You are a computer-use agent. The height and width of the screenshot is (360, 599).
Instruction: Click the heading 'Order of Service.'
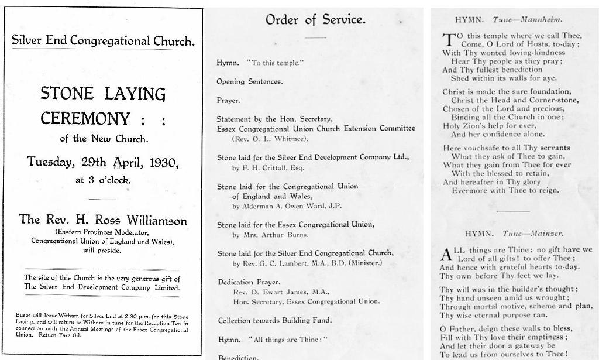pyautogui.click(x=315, y=20)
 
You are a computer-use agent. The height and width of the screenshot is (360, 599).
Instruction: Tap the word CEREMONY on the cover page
pyautogui.click(x=85, y=119)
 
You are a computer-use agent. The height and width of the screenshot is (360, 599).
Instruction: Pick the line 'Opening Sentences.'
pyautogui.click(x=249, y=82)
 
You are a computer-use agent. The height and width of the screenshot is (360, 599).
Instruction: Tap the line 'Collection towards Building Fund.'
pyautogui.click(x=274, y=320)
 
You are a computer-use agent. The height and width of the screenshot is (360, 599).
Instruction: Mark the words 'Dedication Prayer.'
pyautogui.click(x=244, y=282)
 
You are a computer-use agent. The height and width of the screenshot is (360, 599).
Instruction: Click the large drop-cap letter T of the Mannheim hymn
pyautogui.click(x=448, y=40)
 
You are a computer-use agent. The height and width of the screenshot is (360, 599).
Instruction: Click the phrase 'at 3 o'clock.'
pyautogui.click(x=103, y=180)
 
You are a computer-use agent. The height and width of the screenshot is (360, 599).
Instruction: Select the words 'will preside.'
pyautogui.click(x=102, y=250)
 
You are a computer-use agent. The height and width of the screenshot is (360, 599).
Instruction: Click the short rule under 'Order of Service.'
pyautogui.click(x=315, y=37)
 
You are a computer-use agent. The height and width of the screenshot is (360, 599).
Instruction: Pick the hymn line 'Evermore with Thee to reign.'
pyautogui.click(x=505, y=190)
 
